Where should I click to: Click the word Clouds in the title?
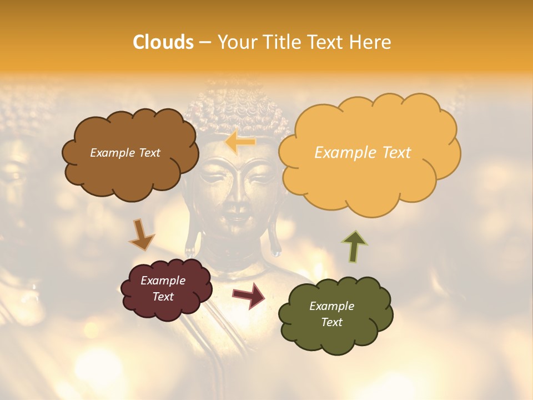coord(163,42)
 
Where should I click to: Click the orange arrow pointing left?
coord(240,142)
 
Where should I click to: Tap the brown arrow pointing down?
coord(141,234)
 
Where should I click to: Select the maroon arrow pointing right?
coord(249,295)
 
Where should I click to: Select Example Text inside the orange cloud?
coord(363,153)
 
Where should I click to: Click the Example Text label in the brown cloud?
coord(125,153)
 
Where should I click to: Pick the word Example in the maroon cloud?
coord(163,281)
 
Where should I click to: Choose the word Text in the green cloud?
coord(332,322)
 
